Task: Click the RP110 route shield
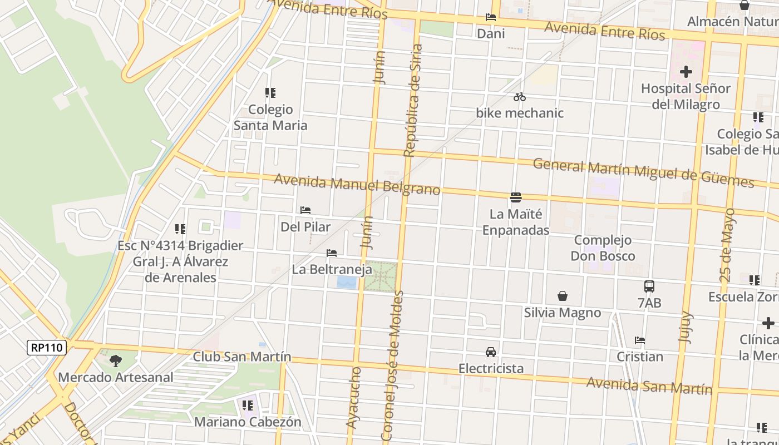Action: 47,348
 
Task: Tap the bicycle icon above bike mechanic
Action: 520,97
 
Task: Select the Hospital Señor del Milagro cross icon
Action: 686,72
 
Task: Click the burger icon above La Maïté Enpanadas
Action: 516,197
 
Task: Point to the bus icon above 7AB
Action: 649,286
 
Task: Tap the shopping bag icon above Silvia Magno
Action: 563,296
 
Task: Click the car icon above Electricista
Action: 491,352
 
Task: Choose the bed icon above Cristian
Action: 640,340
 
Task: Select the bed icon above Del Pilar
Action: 305,210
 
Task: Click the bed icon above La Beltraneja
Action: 332,253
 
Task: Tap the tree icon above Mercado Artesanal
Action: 116,361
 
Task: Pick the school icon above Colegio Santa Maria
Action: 270,93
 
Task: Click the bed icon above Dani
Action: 491,17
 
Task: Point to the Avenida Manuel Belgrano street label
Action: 357,185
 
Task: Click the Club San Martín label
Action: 242,357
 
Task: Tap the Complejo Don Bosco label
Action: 603,248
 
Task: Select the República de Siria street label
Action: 412,100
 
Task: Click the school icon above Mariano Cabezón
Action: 248,406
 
